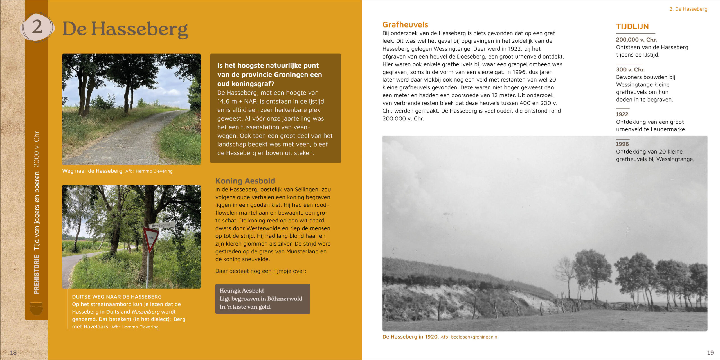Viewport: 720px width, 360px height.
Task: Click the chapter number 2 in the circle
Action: pyautogui.click(x=37, y=27)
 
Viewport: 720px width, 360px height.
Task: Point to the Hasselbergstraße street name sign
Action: pyautogui.click(x=162, y=225)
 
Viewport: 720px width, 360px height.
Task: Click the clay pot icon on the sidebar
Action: pyautogui.click(x=36, y=308)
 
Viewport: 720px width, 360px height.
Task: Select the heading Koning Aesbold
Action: pyautogui.click(x=245, y=181)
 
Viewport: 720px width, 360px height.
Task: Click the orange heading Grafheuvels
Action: pyautogui.click(x=405, y=25)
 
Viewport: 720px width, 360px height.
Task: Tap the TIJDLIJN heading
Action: pyautogui.click(x=632, y=27)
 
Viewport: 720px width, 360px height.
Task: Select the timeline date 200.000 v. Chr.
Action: pyautogui.click(x=636, y=40)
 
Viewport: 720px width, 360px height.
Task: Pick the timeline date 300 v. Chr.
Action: pyautogui.click(x=630, y=69)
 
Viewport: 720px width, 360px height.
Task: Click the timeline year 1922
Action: pyautogui.click(x=622, y=114)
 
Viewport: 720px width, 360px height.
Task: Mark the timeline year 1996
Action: pyautogui.click(x=622, y=144)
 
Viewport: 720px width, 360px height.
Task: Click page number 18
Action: pyautogui.click(x=13, y=352)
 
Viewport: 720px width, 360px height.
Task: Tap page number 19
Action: pyautogui.click(x=710, y=352)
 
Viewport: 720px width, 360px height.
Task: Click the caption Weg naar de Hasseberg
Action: pyautogui.click(x=93, y=171)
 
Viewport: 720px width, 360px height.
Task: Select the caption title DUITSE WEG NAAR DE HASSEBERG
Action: pyautogui.click(x=117, y=297)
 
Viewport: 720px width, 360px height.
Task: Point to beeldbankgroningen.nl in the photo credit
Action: pyautogui.click(x=474, y=337)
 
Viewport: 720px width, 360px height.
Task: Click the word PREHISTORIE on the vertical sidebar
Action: pyautogui.click(x=37, y=274)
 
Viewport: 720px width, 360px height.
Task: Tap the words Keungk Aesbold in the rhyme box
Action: pyautogui.click(x=242, y=291)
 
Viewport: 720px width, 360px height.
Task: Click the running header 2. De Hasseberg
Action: pyautogui.click(x=688, y=9)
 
